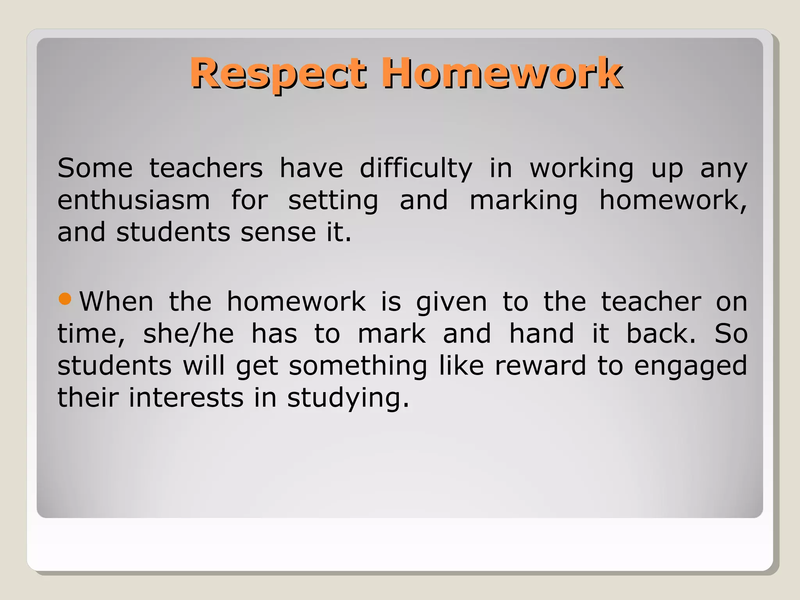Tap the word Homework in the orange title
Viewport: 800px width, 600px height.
pyautogui.click(x=502, y=73)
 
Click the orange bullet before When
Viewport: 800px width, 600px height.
pyautogui.click(x=64, y=299)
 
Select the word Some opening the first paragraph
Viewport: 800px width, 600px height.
pyautogui.click(x=95, y=168)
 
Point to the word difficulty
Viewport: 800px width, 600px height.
pyautogui.click(x=416, y=169)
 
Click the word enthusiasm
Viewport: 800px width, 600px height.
pyautogui.click(x=134, y=200)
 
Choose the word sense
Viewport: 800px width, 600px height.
pyautogui.click(x=278, y=233)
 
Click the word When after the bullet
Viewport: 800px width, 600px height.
pyautogui.click(x=116, y=302)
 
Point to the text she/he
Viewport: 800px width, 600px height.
pyautogui.click(x=188, y=334)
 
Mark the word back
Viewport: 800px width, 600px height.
pyautogui.click(x=661, y=334)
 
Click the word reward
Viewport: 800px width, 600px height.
pyautogui.click(x=540, y=366)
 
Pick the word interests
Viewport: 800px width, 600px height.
pyautogui.click(x=186, y=398)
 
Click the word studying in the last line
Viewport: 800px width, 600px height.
pyautogui.click(x=348, y=399)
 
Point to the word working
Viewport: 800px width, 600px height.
pyautogui.click(x=581, y=169)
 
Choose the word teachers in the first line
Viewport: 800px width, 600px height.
pyautogui.click(x=206, y=168)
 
